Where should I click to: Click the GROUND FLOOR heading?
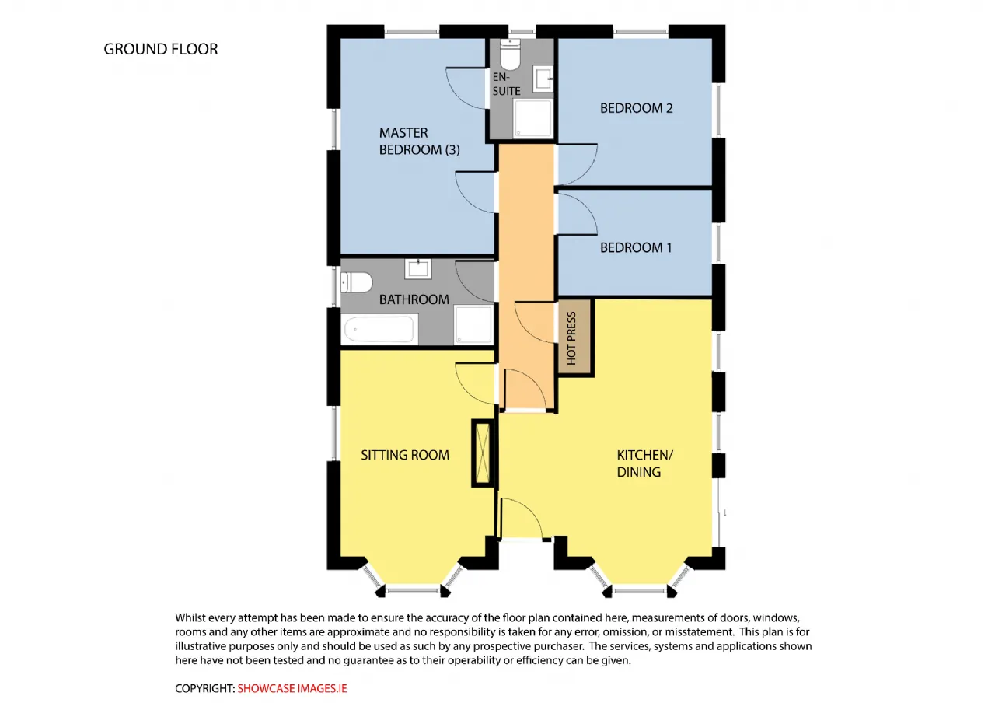(x=161, y=49)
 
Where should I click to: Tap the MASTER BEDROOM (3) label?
(x=419, y=142)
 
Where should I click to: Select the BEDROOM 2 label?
(x=636, y=108)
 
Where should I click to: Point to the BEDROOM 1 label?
(x=636, y=247)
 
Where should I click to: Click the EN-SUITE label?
(x=506, y=84)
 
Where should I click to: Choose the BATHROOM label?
(x=414, y=299)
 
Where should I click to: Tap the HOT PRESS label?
(x=571, y=338)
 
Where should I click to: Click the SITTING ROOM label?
(x=405, y=455)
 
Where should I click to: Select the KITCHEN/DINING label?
(x=645, y=463)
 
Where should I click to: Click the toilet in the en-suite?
(x=510, y=54)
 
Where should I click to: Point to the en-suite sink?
(x=543, y=79)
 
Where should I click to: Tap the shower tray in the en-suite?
(x=532, y=118)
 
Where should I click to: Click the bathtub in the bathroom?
(x=379, y=329)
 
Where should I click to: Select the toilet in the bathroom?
(x=356, y=282)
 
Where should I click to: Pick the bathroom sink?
(x=417, y=269)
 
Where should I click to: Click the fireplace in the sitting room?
(x=483, y=453)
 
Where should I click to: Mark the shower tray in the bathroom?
(x=473, y=324)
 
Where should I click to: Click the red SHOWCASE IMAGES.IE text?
(x=292, y=688)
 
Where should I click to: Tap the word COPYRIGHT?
(x=204, y=688)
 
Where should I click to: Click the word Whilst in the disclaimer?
(x=190, y=617)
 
